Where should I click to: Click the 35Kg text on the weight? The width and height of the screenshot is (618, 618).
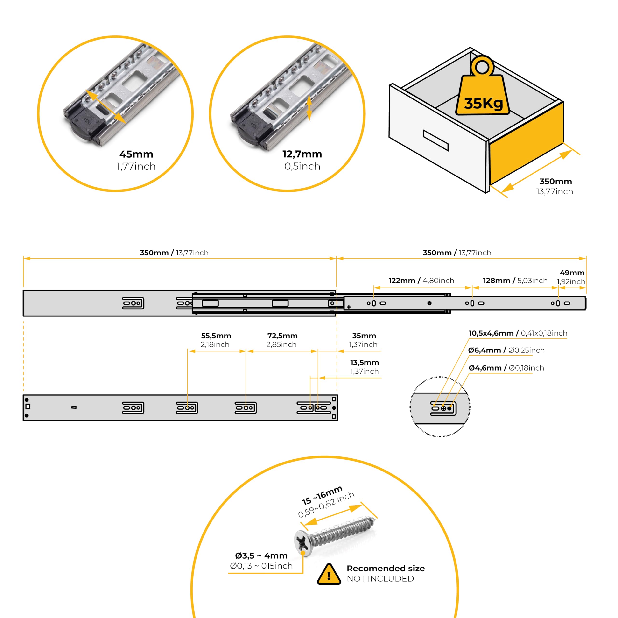click(483, 103)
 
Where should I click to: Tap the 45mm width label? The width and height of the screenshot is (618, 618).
click(136, 154)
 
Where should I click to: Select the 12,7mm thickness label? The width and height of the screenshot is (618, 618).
click(302, 154)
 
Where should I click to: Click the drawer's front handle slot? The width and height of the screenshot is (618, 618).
click(435, 140)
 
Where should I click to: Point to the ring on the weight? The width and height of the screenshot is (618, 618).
click(482, 67)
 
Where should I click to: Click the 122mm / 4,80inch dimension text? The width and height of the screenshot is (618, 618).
click(421, 281)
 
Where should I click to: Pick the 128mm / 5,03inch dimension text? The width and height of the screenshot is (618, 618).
click(515, 281)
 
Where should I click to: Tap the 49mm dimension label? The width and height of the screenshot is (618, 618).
click(572, 273)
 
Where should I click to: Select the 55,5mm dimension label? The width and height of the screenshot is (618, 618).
click(216, 336)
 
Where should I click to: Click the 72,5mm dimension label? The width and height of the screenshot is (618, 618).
click(282, 336)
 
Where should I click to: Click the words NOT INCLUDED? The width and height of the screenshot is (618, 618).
click(380, 579)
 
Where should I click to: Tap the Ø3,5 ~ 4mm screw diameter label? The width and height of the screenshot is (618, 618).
click(261, 556)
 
